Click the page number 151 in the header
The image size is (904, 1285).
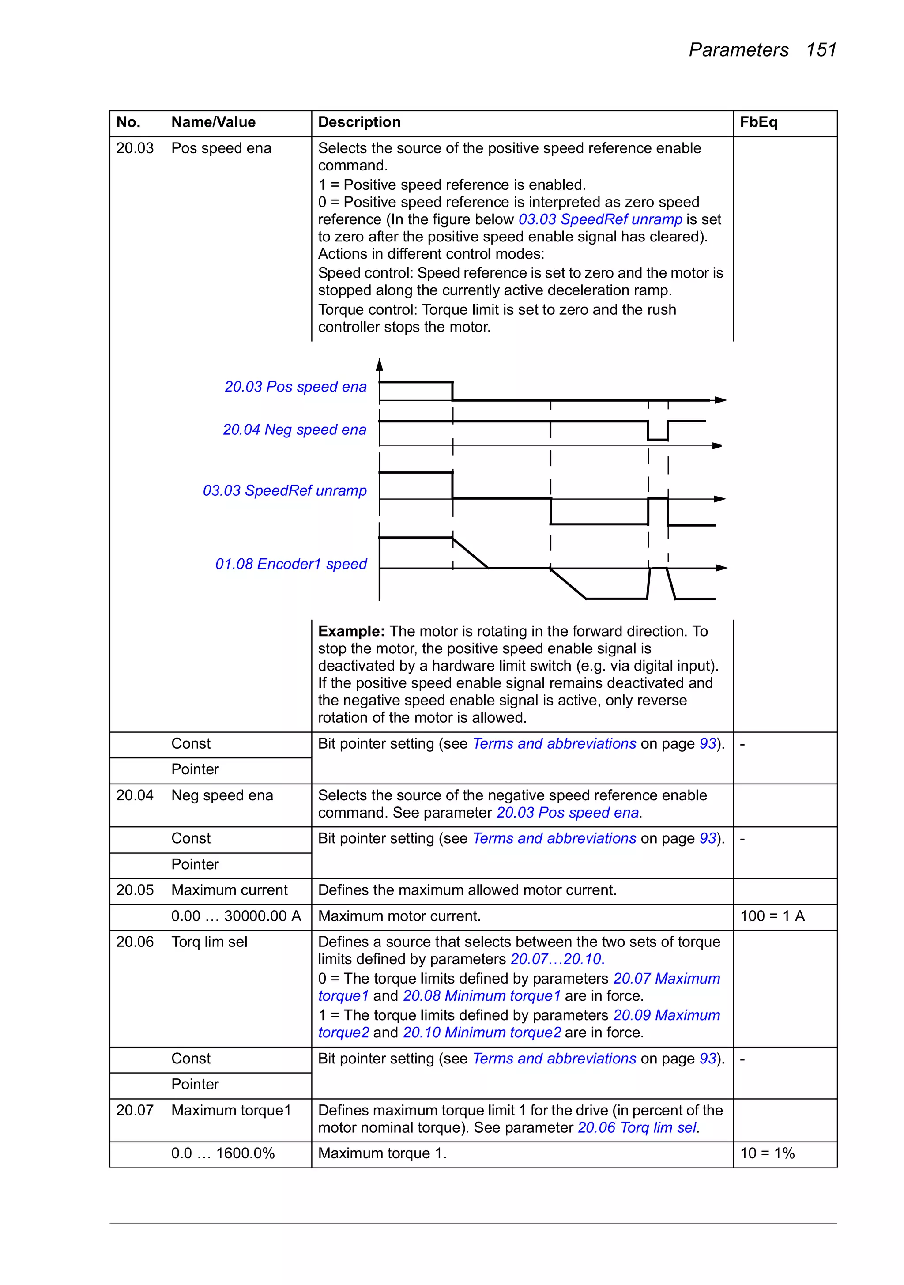click(x=821, y=50)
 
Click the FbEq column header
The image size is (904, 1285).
click(x=758, y=122)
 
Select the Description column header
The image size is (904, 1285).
click(x=359, y=122)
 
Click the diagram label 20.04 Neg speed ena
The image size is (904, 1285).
click(x=294, y=430)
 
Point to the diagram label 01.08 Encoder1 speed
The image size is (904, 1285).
click(x=291, y=564)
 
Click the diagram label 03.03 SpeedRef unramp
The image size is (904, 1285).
click(x=284, y=491)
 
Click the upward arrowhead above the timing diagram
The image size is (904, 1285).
click(x=380, y=365)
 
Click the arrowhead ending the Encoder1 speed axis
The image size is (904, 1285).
click(x=722, y=568)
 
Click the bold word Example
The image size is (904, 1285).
click(x=351, y=631)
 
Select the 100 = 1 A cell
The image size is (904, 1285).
click(x=772, y=916)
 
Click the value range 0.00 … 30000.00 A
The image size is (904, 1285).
click(x=236, y=916)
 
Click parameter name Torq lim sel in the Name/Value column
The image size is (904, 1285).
click(x=209, y=942)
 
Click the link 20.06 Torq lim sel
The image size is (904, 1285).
click(x=637, y=1128)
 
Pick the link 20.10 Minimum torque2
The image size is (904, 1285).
click(x=482, y=1033)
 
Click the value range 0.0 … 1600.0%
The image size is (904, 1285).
click(x=223, y=1153)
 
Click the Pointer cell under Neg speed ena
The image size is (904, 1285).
click(x=195, y=865)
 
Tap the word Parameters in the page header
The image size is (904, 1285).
click(x=738, y=50)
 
